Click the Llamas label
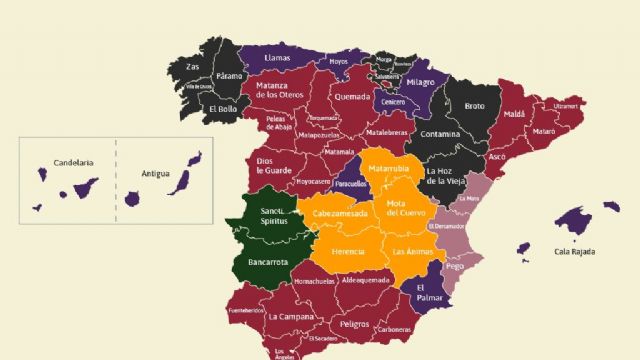pos(277,58)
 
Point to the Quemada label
pos(352,98)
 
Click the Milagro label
pos(421,81)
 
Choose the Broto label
pos(474,105)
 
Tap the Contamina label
pos(440,134)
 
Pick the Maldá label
pos(514,115)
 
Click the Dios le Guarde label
pos(274,165)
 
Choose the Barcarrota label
pos(267,262)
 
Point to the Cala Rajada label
pos(575,251)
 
